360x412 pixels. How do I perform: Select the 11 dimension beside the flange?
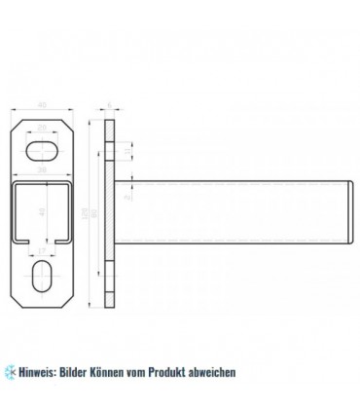tap(130, 154)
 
